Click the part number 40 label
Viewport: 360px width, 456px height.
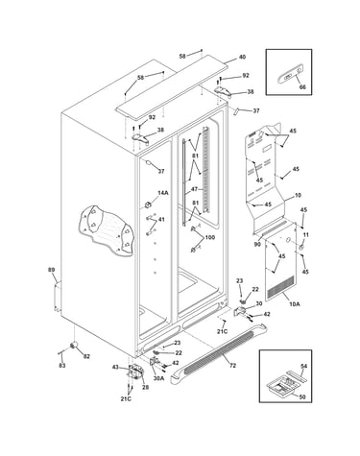[242, 57]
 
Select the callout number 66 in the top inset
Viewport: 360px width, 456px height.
[302, 86]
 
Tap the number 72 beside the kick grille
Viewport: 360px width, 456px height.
[232, 365]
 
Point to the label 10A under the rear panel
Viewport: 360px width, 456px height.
[295, 304]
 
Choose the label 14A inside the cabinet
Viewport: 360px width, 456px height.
[163, 193]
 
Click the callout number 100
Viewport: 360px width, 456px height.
[209, 237]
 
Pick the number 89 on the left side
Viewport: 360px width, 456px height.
[52, 270]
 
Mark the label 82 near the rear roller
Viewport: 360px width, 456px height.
[86, 356]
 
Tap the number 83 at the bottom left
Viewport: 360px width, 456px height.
[62, 365]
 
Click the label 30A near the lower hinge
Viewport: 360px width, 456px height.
[158, 378]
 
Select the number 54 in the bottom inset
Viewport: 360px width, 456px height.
[303, 366]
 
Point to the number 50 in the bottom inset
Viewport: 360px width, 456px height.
[302, 396]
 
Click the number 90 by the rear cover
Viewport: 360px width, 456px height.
[257, 244]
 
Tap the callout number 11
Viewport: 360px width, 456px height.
[306, 235]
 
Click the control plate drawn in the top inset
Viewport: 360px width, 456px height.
[290, 77]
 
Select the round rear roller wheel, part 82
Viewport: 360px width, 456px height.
[74, 345]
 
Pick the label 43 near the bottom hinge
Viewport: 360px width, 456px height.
[115, 367]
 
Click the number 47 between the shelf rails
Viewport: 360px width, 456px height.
[194, 189]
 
